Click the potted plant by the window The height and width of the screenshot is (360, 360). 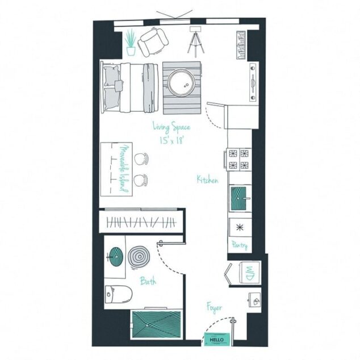tap(131, 42)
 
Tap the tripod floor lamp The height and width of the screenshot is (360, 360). tap(196, 40)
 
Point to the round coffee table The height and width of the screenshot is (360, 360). tap(182, 85)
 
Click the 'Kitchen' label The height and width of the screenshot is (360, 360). tap(207, 179)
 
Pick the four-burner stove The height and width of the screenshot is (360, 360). tap(239, 159)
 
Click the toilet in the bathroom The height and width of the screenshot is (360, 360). tap(119, 294)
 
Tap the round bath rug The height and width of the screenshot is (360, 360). tap(138, 256)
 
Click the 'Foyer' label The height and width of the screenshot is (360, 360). tap(214, 308)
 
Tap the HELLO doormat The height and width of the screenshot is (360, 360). tap(217, 339)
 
